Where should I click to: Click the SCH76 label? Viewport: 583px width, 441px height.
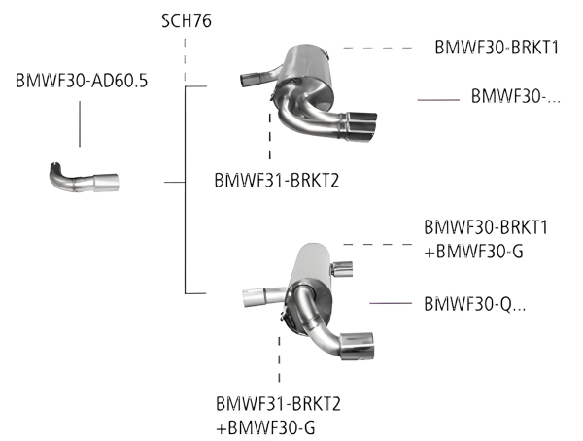188,19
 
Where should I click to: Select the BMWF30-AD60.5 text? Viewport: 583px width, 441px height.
82,81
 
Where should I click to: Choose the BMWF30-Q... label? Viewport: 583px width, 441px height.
475,303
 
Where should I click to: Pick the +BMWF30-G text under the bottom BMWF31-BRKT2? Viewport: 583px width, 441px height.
269,427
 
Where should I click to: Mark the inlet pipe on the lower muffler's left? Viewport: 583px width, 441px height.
258,295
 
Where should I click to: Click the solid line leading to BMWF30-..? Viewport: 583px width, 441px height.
437,97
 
